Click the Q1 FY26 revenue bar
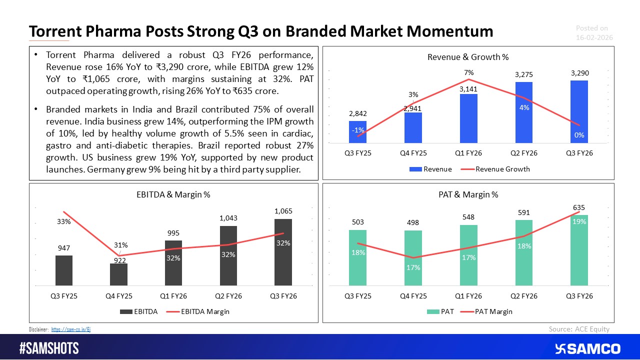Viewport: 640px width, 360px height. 468,118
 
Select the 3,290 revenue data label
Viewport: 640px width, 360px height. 579,73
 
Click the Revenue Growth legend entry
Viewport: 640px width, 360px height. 502,169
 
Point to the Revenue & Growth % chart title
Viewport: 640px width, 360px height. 468,57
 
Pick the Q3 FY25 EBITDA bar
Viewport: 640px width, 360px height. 64,270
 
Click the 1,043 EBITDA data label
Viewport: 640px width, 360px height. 228,218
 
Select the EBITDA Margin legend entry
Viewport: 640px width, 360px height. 204,311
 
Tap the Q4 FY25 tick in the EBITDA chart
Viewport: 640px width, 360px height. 118,296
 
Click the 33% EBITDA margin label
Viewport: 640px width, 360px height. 63,222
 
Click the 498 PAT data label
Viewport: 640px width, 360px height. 413,222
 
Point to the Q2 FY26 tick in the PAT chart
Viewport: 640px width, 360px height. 523,296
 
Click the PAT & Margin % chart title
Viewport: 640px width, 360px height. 468,194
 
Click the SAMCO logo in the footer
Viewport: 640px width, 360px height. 587,348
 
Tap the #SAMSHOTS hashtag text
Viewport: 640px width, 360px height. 49,348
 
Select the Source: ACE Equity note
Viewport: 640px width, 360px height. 579,328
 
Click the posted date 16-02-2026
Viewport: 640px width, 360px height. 594,38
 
